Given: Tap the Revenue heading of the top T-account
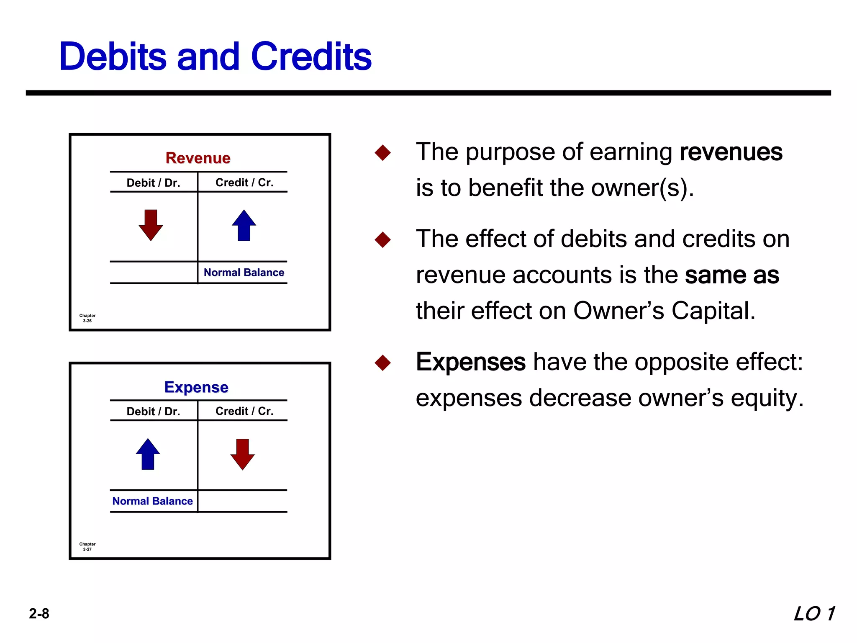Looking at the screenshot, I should (x=198, y=158).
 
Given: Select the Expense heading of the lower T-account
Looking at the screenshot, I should (x=196, y=387).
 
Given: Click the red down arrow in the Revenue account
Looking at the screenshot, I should (x=151, y=225).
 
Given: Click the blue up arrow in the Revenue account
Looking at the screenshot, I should (x=244, y=225).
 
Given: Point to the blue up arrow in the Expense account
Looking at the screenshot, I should (x=148, y=454).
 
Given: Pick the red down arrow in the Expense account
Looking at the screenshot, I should (x=242, y=454).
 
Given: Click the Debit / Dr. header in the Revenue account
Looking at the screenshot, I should (x=153, y=183).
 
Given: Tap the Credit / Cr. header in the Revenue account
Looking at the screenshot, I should (x=244, y=183).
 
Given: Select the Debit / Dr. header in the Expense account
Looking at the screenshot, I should (x=153, y=412).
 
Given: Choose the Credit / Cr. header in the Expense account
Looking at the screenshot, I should (x=244, y=411).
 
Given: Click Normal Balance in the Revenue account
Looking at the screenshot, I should (x=244, y=273).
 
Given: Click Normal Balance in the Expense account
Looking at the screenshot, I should (x=152, y=501).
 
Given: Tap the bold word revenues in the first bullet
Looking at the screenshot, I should (x=731, y=152).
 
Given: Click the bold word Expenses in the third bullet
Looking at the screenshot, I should (x=470, y=362).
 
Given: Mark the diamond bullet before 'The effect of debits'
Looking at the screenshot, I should (x=382, y=240).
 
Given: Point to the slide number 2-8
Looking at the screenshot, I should (x=39, y=614).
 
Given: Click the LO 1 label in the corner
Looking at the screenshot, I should (x=814, y=614).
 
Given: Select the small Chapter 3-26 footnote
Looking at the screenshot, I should (x=87, y=318).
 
